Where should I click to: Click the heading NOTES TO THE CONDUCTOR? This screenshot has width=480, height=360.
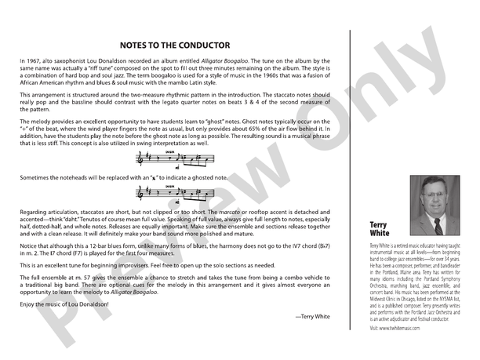click(175, 45)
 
